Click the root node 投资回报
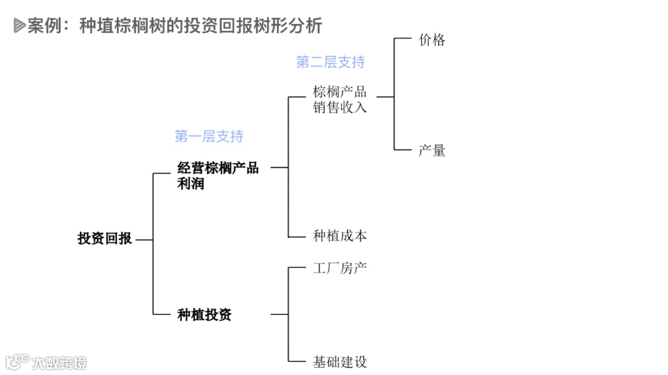[x=105, y=239]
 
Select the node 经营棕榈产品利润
[x=217, y=175]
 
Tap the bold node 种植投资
[x=204, y=315]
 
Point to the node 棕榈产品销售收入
[x=340, y=99]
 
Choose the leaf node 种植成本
[x=340, y=236]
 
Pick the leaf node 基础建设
[x=340, y=362]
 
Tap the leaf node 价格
[x=432, y=41]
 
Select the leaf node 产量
[x=432, y=151]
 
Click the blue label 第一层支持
[x=209, y=137]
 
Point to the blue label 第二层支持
[x=330, y=62]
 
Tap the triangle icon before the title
[x=19, y=26]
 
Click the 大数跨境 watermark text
[x=60, y=363]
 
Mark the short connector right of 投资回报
[x=143, y=240]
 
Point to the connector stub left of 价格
[x=403, y=38]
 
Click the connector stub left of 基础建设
[x=298, y=361]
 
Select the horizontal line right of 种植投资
[x=280, y=314]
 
